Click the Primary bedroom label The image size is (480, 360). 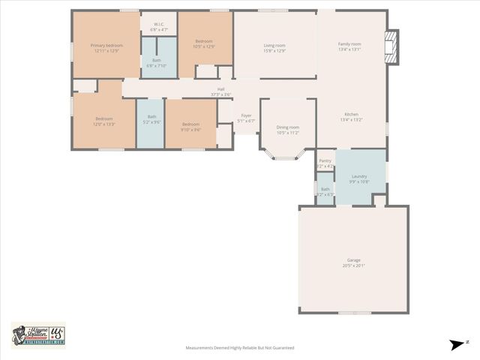[106, 45]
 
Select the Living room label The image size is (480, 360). [274, 45]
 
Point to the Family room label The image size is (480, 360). [349, 44]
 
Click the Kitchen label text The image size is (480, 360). [351, 115]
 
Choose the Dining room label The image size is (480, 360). [287, 127]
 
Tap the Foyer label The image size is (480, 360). [246, 115]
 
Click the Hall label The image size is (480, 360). [221, 89]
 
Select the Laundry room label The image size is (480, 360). [359, 175]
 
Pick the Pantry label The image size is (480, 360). [325, 160]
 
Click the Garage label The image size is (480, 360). [353, 259]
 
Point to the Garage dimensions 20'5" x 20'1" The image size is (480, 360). [353, 265]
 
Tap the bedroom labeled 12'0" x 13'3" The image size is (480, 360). [104, 121]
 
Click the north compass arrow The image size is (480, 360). [457, 344]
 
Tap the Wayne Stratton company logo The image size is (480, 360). [37, 334]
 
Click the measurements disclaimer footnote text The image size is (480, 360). [240, 348]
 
